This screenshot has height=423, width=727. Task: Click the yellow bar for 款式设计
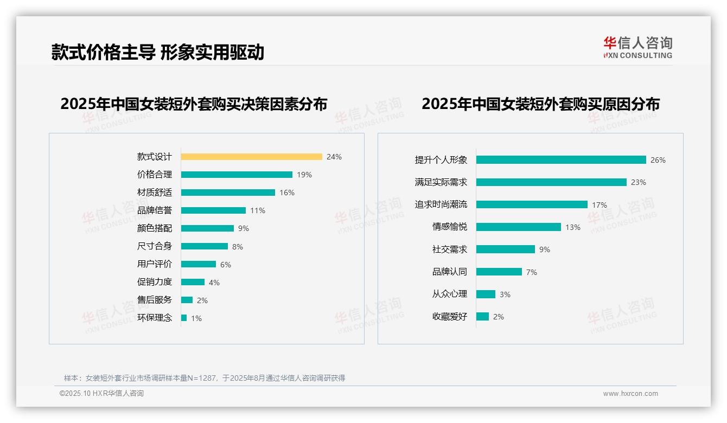point(251,157)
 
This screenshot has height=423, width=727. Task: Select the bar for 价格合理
point(237,175)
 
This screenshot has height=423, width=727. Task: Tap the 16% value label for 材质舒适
point(287,193)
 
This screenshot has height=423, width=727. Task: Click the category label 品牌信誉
point(154,210)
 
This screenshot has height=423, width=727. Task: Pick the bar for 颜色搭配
point(207,228)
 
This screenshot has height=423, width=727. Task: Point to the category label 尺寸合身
point(154,246)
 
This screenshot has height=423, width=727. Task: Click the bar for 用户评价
point(198,264)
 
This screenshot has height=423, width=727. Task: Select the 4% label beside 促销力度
point(214,283)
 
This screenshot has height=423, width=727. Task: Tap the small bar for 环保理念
point(184,318)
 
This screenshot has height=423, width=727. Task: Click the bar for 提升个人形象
point(561,160)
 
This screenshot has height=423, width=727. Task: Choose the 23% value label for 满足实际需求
point(639,183)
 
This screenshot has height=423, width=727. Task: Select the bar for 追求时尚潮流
point(532,204)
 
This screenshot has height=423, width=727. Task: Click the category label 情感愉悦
point(449,227)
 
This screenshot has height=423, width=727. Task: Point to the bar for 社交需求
point(506,249)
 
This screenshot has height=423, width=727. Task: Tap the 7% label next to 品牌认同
point(532,272)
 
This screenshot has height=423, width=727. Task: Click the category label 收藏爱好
point(449,317)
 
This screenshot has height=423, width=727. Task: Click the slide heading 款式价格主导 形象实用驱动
point(157,52)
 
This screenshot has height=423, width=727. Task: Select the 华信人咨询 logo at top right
point(637,47)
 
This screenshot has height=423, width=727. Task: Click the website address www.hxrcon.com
point(630,394)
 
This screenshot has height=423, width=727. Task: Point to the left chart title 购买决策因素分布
point(194,104)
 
